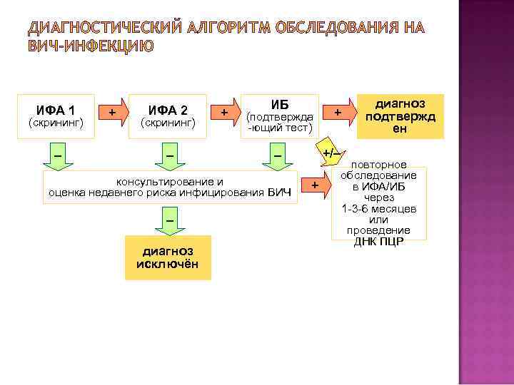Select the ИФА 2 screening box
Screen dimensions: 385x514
point(168,116)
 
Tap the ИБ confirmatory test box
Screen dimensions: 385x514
point(279,116)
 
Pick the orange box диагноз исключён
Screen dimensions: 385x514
point(167,257)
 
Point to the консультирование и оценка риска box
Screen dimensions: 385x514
point(170,187)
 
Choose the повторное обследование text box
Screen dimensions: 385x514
point(378,203)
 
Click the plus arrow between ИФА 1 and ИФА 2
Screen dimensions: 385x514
point(112,113)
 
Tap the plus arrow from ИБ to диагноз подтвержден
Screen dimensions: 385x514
point(338,113)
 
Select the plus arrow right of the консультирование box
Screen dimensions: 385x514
point(316,186)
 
